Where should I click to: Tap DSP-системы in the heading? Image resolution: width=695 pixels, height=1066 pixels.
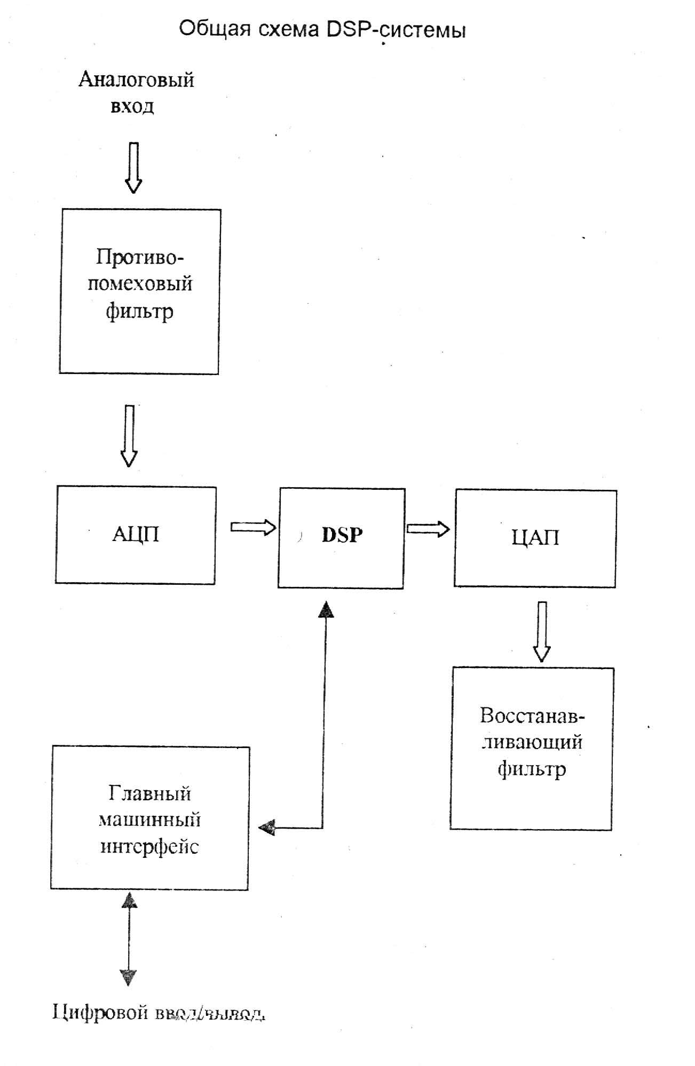[396, 30]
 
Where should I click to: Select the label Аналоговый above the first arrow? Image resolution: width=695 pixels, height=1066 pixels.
[136, 79]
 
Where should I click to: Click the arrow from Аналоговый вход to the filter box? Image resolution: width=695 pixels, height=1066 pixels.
[133, 167]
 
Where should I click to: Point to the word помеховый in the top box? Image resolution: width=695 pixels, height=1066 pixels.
[140, 284]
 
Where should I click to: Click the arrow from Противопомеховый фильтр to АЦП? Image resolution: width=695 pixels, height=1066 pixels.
[129, 435]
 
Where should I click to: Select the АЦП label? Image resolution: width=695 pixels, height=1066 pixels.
[136, 534]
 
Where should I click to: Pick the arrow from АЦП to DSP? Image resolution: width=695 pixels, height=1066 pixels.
[253, 528]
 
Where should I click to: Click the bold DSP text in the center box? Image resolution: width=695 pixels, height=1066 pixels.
[342, 535]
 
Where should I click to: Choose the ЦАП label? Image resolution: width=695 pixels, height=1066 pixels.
[535, 538]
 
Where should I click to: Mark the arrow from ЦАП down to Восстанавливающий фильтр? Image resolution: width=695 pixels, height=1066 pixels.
[542, 632]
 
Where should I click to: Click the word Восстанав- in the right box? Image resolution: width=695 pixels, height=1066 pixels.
[532, 715]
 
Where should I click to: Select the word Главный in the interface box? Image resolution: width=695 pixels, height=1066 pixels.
[149, 793]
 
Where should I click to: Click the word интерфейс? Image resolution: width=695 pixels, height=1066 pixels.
[149, 847]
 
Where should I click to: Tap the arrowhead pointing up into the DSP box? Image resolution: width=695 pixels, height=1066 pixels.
[326, 609]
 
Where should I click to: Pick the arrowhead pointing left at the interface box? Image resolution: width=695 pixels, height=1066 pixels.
[266, 828]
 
